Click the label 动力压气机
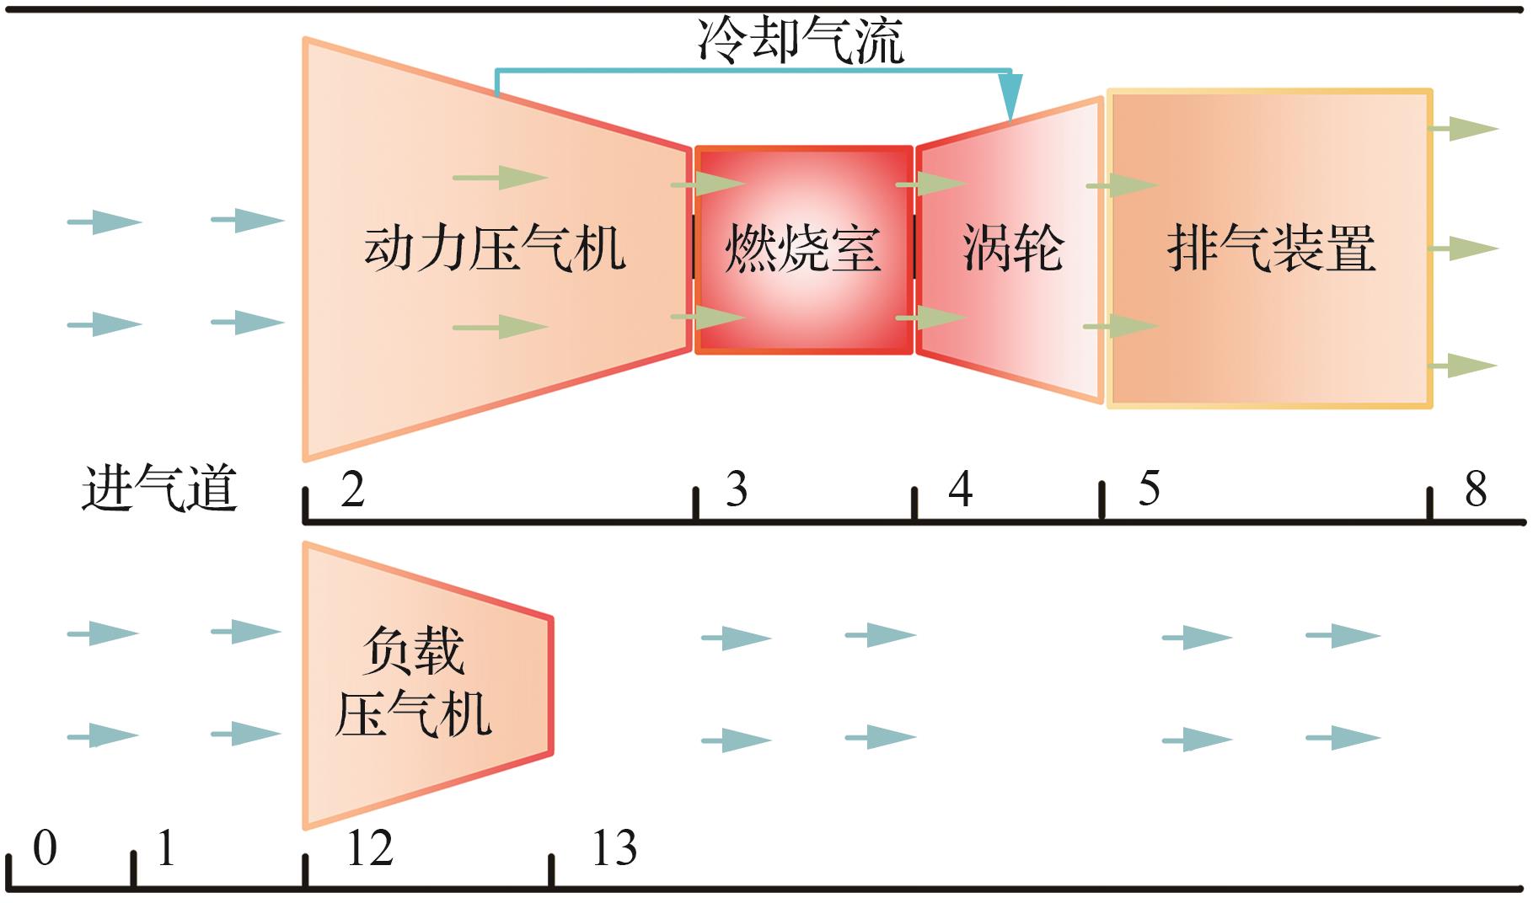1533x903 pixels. (x=495, y=248)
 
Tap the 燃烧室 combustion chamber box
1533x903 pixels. (x=803, y=249)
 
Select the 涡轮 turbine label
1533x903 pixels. (x=1012, y=248)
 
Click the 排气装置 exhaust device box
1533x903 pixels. (x=1270, y=248)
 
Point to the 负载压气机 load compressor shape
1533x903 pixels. (x=413, y=684)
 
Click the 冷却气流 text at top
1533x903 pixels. (x=801, y=40)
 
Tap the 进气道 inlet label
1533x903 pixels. (x=159, y=489)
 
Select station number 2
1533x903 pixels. (x=353, y=489)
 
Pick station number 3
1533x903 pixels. (x=737, y=489)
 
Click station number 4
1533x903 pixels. (x=960, y=489)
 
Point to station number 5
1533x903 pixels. (x=1149, y=489)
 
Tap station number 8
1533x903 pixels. (x=1476, y=489)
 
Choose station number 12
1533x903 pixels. (x=369, y=849)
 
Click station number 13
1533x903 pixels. (x=614, y=849)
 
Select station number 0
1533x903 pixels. (x=45, y=849)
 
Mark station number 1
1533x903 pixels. (x=166, y=849)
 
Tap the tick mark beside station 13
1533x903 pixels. (x=551, y=870)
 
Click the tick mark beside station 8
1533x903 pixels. (x=1430, y=504)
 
